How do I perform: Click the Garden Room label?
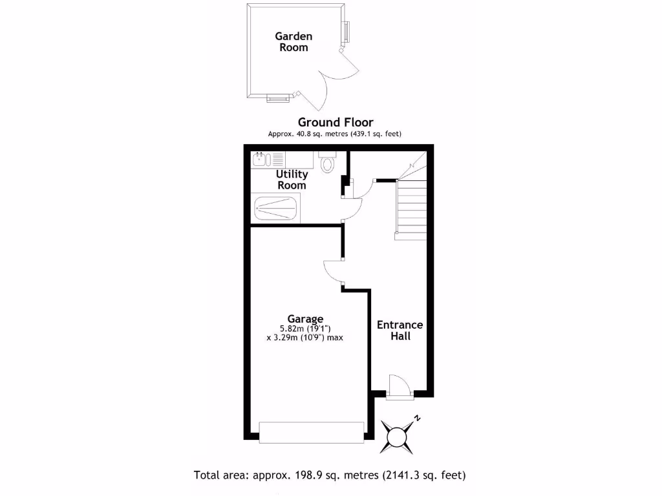293,42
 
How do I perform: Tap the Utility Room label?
292,180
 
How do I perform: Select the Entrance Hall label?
400,330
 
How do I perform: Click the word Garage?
306,318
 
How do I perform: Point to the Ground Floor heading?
335,122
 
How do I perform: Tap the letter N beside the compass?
418,418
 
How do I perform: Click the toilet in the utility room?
328,162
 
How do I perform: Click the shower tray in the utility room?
276,209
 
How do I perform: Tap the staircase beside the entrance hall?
411,207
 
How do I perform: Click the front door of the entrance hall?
399,386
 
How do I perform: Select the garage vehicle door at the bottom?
311,432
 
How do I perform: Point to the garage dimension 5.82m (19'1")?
304,327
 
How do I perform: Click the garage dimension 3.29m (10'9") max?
304,337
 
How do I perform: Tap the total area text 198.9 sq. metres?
330,475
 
